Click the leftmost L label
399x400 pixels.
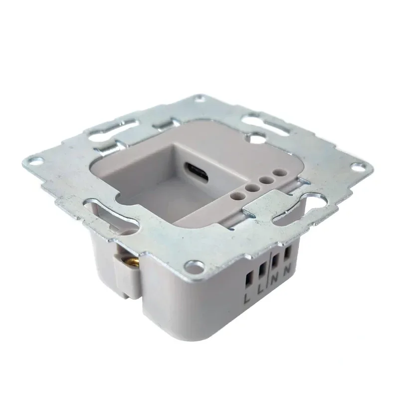click(248, 299)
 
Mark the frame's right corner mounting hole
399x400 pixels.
click(358, 167)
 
